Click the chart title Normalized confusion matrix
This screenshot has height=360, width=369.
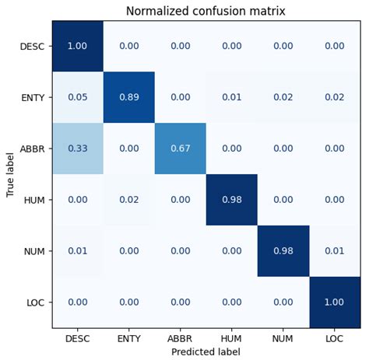tap(206, 11)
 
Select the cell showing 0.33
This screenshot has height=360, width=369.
tap(78, 149)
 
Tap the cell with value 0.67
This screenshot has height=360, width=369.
tap(181, 149)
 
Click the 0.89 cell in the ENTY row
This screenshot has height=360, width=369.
tap(129, 97)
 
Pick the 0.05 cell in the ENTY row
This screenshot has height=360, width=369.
tap(78, 97)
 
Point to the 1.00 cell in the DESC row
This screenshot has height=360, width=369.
tap(78, 46)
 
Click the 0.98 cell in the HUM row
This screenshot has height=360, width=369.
tap(232, 200)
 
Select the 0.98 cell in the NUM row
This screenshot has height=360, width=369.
tap(283, 251)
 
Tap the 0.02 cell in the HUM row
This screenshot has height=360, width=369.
tap(129, 200)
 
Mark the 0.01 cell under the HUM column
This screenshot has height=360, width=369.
tap(232, 97)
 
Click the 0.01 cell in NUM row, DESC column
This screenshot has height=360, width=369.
tap(78, 251)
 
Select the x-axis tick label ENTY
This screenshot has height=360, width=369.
tap(129, 339)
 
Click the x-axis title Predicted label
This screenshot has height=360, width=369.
tap(206, 352)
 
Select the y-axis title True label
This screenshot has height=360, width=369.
tap(10, 174)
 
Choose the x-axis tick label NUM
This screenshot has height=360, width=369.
tap(283, 339)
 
